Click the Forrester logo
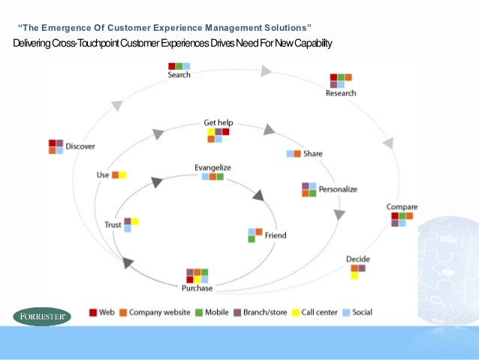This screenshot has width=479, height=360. click(42, 316)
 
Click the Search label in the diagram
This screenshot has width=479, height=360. click(179, 75)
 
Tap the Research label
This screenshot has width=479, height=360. click(341, 93)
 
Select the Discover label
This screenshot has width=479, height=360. click(80, 146)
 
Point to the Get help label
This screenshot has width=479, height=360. click(218, 122)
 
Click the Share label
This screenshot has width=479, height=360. click(312, 153)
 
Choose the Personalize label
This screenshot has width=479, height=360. click(338, 189)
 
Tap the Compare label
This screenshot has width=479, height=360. click(402, 207)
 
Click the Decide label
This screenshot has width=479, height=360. click(357, 259)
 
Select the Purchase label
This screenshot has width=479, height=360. click(197, 288)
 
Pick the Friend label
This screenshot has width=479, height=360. click(276, 235)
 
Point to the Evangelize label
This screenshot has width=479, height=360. click(212, 167)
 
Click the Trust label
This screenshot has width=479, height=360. click(113, 225)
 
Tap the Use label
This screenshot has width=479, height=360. click(103, 175)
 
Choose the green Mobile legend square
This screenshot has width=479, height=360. click(200, 312)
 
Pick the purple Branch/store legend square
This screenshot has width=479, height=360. click(236, 312)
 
